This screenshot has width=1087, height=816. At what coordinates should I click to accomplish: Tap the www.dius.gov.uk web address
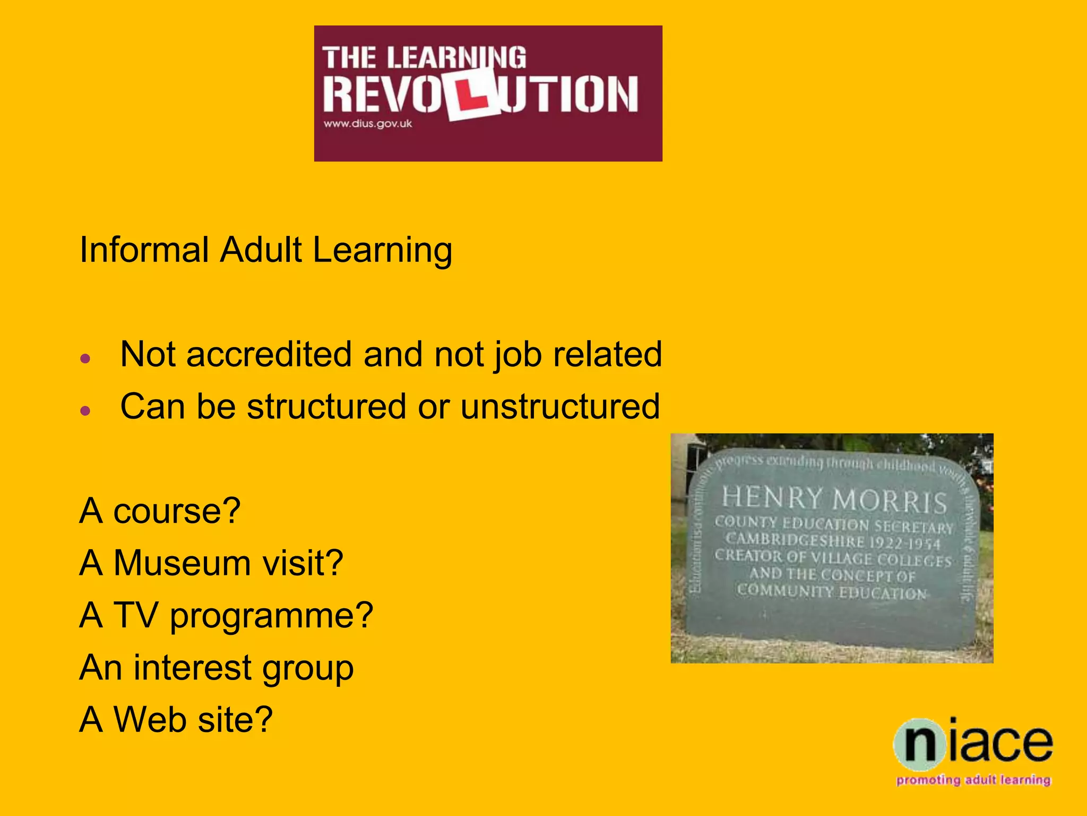368,124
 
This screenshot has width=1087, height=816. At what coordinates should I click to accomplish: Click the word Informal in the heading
144,250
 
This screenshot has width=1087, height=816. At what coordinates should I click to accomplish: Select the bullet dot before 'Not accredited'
85,359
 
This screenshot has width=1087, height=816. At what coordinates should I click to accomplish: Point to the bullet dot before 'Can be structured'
85,411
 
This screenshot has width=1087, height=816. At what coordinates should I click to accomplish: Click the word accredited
269,354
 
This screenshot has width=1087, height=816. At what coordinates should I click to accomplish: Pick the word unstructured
560,406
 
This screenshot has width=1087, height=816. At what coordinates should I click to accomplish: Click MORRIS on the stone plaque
890,501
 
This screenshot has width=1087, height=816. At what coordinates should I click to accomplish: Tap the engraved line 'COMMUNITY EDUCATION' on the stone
832,591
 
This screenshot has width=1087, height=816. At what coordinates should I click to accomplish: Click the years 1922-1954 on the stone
904,543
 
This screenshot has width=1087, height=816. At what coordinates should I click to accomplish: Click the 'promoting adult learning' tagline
973,780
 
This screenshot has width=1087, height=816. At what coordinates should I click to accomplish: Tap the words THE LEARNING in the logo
424,57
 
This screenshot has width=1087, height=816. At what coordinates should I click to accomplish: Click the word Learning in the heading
382,250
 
